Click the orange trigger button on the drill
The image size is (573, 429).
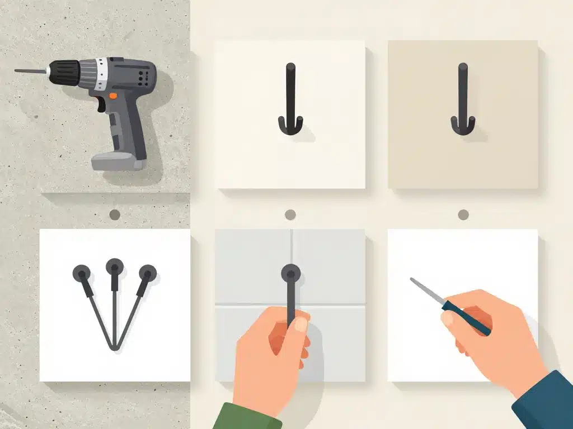[x=113, y=96]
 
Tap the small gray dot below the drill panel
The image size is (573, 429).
[x=115, y=214]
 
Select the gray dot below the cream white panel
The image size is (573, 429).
[x=290, y=214]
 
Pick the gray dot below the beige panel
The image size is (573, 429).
[x=463, y=214]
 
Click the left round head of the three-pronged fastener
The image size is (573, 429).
[x=82, y=273]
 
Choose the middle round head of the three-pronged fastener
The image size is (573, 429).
[x=115, y=266]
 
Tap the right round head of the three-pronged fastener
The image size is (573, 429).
[x=148, y=273]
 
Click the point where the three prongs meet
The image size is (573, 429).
[x=115, y=349]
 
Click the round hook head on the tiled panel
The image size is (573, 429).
[x=290, y=273]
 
